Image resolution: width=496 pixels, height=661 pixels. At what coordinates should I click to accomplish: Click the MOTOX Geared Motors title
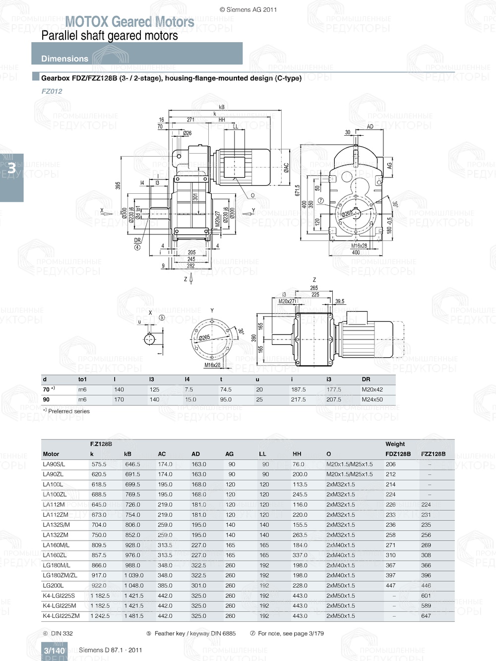point(129,22)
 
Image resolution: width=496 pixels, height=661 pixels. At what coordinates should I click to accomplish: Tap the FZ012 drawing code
point(52,91)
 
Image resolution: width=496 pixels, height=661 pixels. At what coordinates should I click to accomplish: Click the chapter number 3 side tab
point(11,168)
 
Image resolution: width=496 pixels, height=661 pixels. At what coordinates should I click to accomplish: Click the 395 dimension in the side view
point(118,185)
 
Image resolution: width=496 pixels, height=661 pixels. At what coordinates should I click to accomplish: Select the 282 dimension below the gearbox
point(191,266)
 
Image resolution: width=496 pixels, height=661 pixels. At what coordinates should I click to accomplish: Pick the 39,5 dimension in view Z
point(339,301)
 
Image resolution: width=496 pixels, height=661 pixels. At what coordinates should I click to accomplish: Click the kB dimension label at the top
point(222,107)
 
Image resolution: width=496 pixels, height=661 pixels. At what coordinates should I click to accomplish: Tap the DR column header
point(366,379)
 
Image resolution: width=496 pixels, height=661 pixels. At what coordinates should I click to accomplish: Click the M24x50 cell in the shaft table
point(372,399)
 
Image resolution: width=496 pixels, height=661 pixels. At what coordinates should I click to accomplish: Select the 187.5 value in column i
point(298,389)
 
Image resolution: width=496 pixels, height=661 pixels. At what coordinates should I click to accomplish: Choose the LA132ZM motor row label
point(56,535)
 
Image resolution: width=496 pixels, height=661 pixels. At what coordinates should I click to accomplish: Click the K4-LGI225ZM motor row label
point(61,616)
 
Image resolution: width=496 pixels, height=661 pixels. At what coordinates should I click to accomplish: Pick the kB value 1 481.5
point(133,616)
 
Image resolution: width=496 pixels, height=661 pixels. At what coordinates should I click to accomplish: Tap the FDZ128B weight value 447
point(391,586)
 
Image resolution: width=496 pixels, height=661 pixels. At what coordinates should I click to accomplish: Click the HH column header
point(297,454)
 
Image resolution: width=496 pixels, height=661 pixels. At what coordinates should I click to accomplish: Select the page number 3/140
point(54,651)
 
